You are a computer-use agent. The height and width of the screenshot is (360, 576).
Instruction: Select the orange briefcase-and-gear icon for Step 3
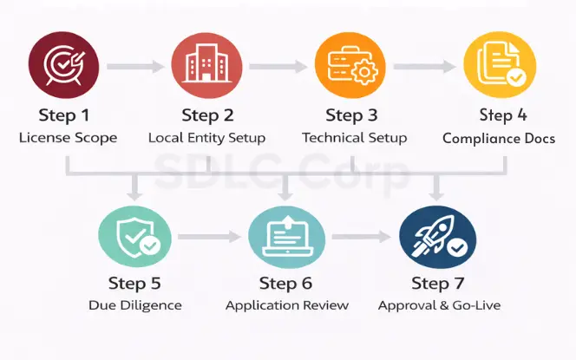click(x=350, y=66)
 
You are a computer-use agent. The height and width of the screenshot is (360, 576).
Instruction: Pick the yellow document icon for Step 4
click(x=496, y=66)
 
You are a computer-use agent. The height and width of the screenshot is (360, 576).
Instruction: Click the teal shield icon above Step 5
click(x=134, y=236)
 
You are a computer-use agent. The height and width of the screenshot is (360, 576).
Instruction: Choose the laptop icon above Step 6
click(x=286, y=236)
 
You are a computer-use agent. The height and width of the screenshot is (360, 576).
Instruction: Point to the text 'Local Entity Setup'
click(x=206, y=137)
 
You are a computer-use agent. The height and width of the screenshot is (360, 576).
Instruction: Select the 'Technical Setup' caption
click(x=353, y=137)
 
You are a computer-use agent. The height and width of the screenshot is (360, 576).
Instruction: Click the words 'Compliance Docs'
click(x=499, y=138)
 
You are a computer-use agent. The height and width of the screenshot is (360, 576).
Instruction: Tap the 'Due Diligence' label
click(x=135, y=304)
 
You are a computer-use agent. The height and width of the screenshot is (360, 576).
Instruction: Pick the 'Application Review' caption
click(x=287, y=304)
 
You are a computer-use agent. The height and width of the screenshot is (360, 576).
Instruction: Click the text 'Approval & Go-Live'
click(x=439, y=304)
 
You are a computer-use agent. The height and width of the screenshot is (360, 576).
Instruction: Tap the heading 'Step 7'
click(x=438, y=283)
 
